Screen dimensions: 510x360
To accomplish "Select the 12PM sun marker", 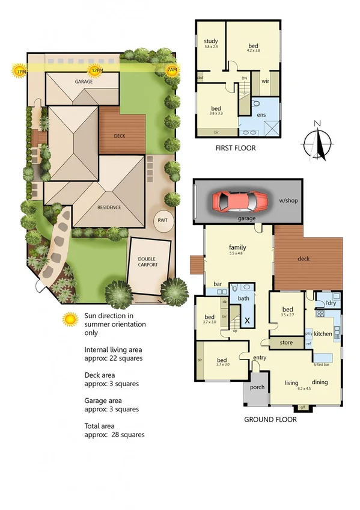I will click(95, 71).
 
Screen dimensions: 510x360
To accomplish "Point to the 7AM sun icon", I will click(172, 71).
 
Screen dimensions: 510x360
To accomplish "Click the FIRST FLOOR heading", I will click(235, 148).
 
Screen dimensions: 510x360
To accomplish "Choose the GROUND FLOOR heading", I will click(270, 420).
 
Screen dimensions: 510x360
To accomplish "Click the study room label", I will click(210, 41).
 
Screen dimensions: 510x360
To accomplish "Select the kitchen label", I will click(323, 333).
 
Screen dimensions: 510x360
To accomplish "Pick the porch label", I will click(257, 387).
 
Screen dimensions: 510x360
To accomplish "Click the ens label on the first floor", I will click(261, 114).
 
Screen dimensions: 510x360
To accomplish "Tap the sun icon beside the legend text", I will click(71, 319).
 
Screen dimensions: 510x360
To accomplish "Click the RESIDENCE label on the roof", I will click(109, 207).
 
